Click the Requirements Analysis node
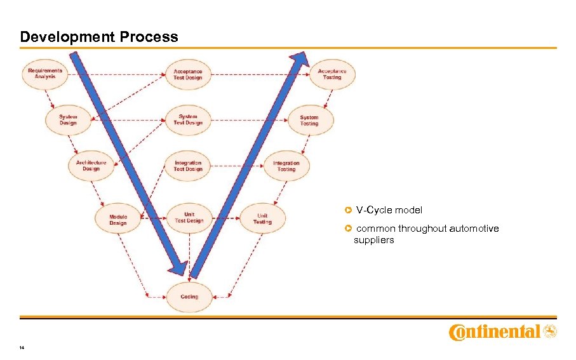[45, 74]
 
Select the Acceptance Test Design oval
[188, 74]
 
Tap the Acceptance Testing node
[332, 74]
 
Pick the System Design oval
[68, 119]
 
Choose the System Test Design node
[188, 119]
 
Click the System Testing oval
[309, 119]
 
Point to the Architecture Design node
[91, 166]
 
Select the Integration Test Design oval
[188, 166]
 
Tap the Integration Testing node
[286, 166]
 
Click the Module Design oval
[117, 220]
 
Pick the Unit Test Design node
[189, 218]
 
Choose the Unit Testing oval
[262, 218]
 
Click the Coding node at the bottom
[189, 297]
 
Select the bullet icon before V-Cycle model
[348, 210]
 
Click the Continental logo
[502, 332]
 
